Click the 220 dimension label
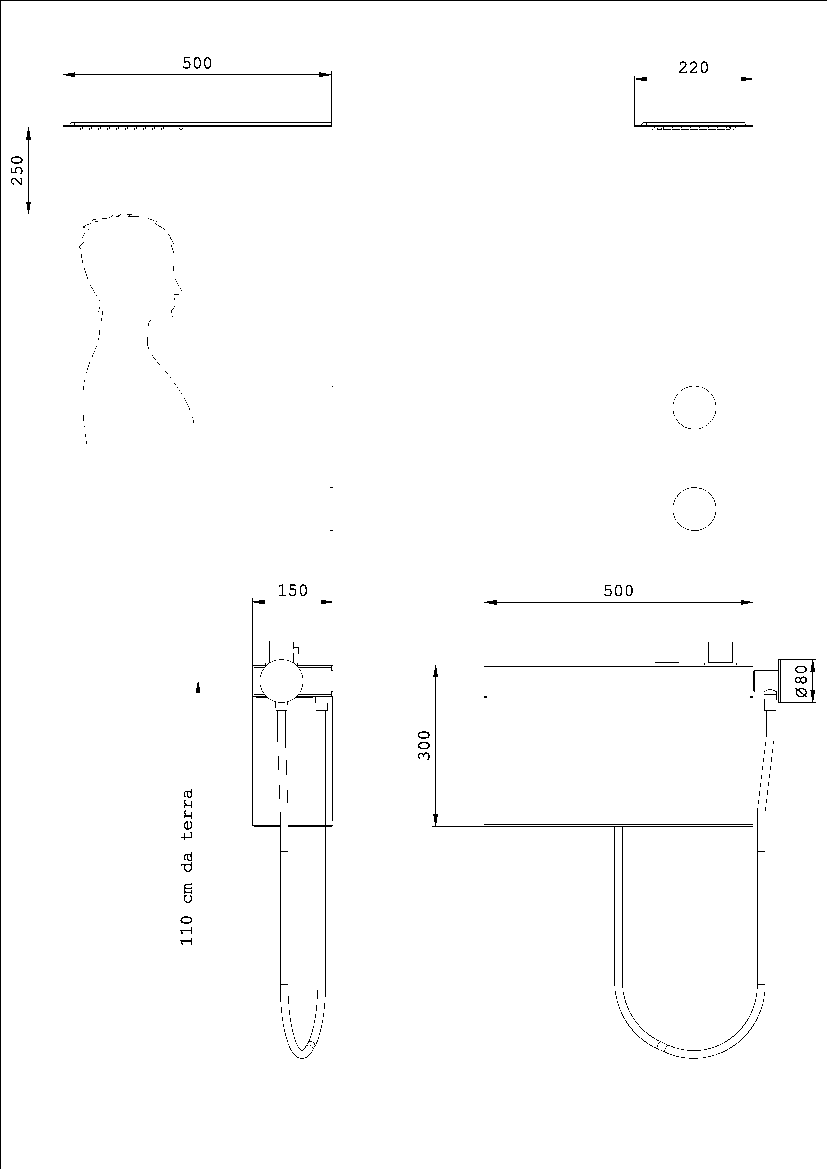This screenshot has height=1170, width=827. click(693, 67)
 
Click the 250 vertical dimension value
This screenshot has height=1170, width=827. click(18, 170)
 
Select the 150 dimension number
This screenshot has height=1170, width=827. click(293, 590)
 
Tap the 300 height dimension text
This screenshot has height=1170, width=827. click(424, 744)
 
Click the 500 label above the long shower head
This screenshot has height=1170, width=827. click(197, 63)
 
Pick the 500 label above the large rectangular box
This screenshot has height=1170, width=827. click(618, 591)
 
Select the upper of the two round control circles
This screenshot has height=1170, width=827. click(694, 407)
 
